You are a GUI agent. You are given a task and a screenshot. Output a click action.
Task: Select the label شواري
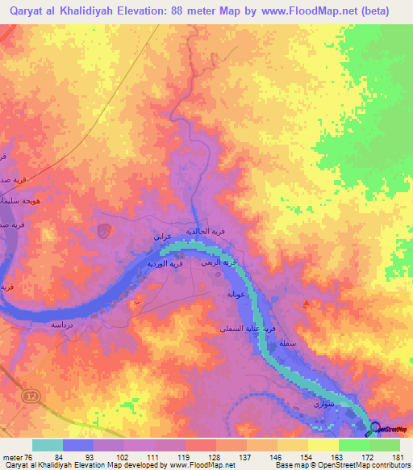(322, 402)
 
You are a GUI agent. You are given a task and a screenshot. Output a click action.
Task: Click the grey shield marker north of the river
(103, 232)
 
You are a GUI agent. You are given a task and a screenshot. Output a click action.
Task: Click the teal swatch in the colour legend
(47, 445)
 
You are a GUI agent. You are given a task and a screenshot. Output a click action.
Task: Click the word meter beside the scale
(11, 456)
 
